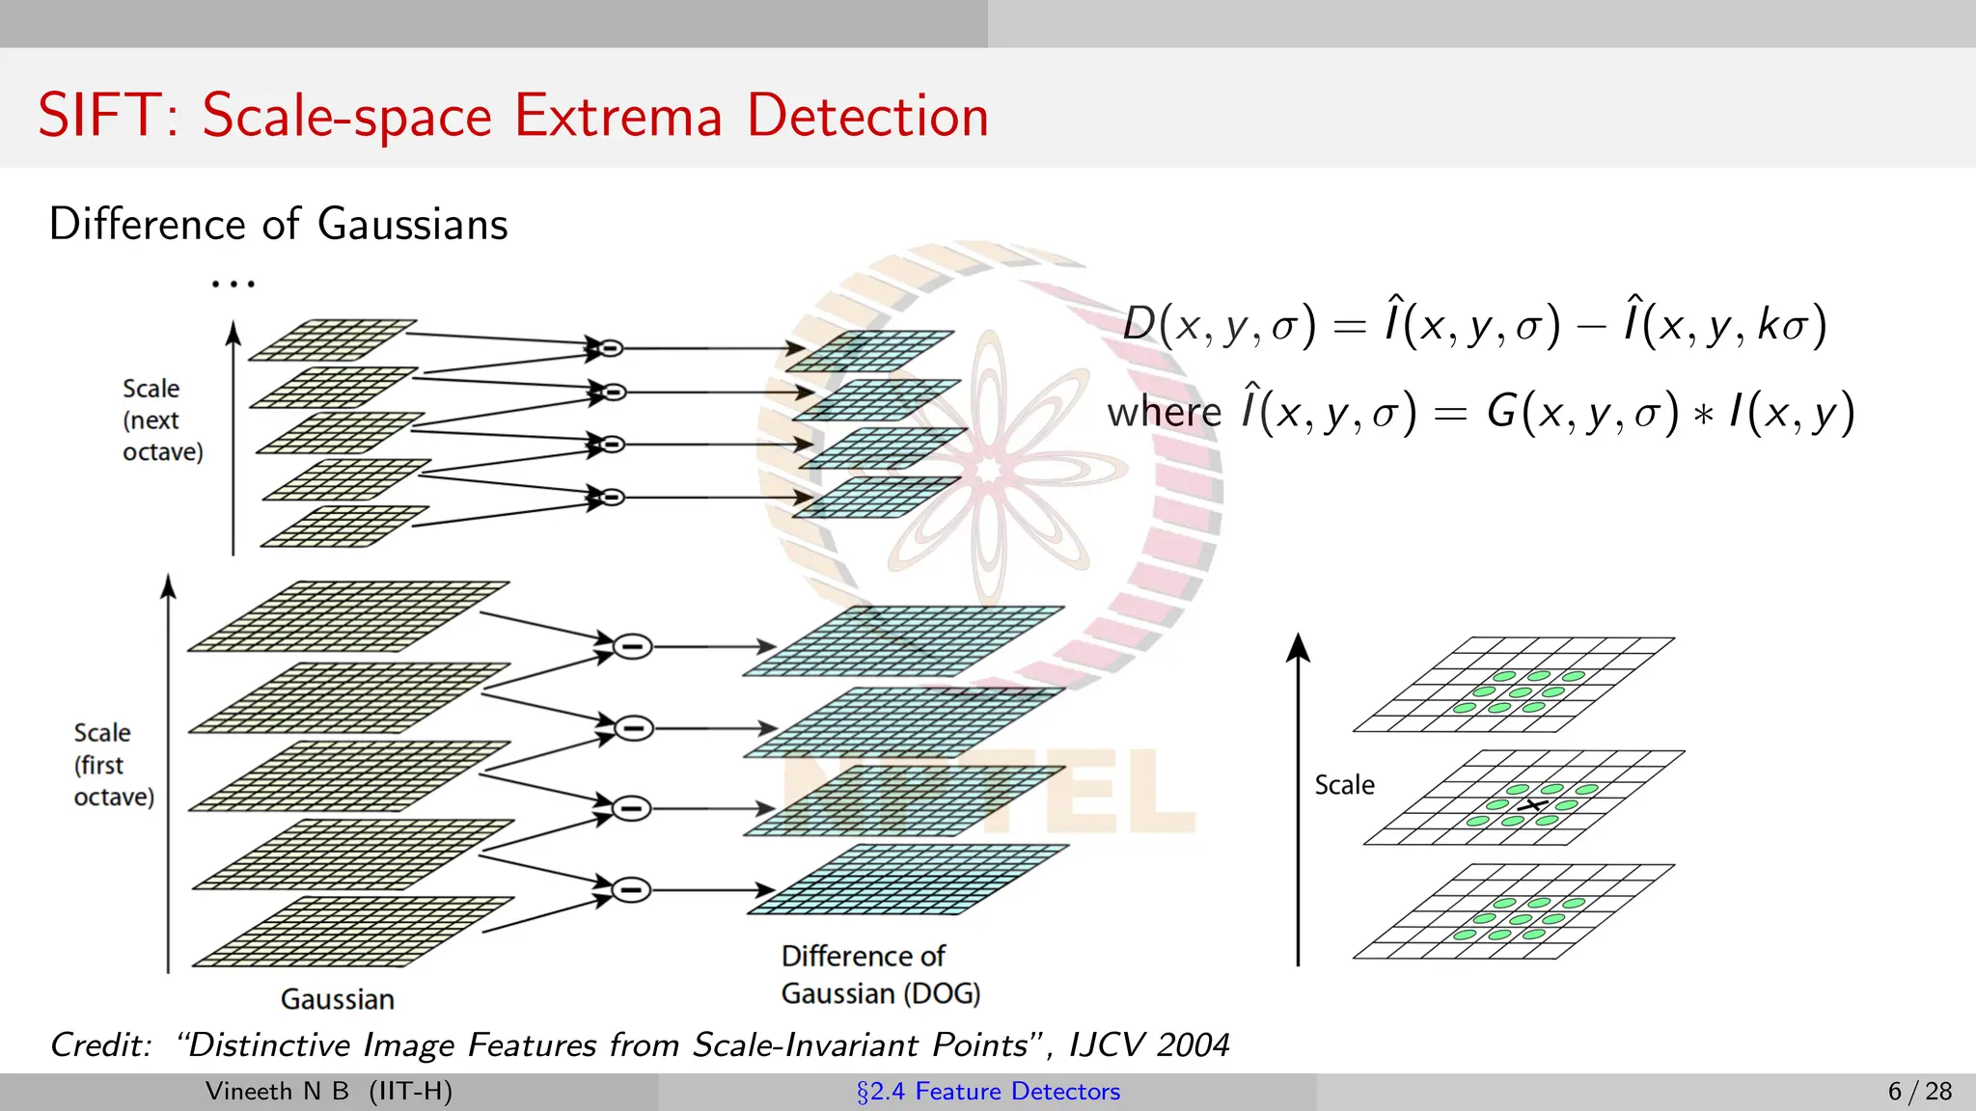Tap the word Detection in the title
pos(867,116)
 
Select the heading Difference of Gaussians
pos(278,225)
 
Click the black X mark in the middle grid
pos(1531,804)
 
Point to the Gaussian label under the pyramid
pos(338,999)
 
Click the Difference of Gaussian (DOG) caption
pos(879,974)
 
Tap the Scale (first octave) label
pos(112,765)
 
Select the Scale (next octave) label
pos(161,420)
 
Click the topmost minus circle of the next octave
pos(611,348)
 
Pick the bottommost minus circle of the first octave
pos(632,889)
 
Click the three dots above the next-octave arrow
pos(233,285)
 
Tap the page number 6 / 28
pos(1919,1092)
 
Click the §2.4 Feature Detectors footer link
pos(988,1092)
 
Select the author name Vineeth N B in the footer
pos(277,1092)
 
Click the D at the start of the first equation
pos(1139,325)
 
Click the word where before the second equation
pos(1164,413)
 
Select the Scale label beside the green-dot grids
pos(1344,785)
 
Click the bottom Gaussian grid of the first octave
pos(353,931)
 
